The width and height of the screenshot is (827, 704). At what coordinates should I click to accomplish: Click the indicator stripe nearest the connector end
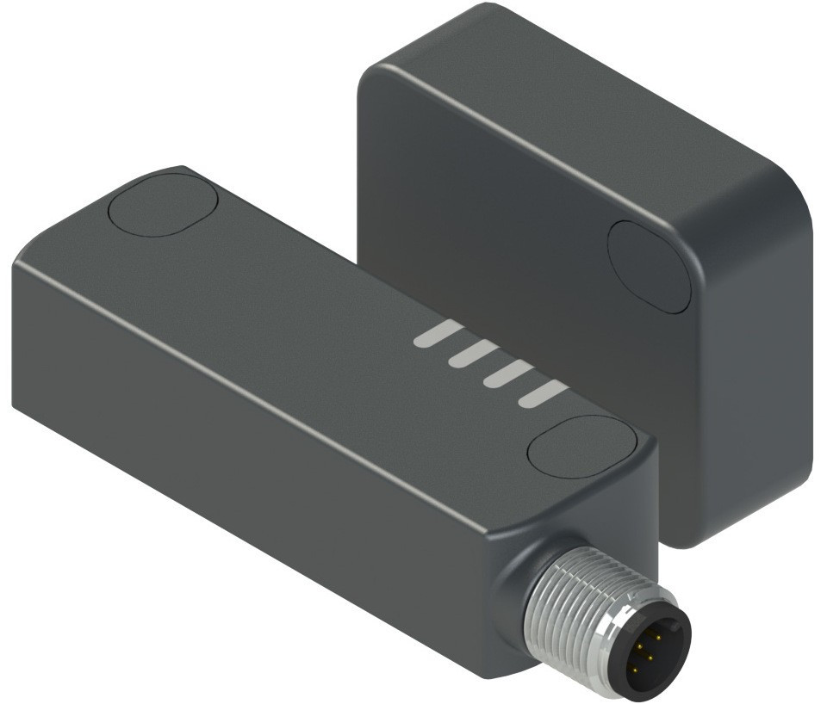[544, 394]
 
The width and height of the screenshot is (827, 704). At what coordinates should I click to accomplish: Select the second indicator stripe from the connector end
[507, 374]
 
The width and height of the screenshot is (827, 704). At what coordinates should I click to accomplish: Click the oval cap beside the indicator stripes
[581, 446]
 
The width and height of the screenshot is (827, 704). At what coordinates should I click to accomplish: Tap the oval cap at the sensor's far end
[163, 205]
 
